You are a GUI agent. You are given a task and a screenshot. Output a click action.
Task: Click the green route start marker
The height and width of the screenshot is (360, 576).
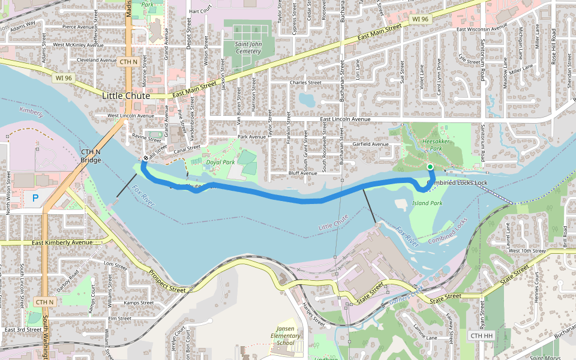(430, 167)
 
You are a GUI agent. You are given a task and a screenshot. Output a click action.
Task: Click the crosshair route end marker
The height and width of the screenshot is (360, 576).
(145, 158)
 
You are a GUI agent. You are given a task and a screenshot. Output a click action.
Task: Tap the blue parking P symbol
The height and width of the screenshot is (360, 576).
(35, 197)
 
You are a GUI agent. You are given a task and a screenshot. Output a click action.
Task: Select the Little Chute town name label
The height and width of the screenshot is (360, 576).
(126, 95)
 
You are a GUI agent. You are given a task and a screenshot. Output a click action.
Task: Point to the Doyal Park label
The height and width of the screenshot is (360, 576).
(220, 162)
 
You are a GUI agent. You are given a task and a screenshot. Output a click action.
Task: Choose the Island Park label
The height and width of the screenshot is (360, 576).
(427, 203)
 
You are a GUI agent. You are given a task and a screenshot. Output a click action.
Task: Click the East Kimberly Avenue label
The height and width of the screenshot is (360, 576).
(62, 242)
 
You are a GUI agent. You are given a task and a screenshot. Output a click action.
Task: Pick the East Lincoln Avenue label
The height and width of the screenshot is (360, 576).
(345, 119)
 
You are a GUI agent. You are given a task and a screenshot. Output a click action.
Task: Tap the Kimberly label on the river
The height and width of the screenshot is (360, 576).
(31, 112)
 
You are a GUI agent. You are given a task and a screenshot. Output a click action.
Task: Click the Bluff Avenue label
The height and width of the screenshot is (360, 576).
(302, 173)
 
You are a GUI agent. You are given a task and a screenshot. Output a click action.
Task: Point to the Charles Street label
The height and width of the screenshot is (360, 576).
(305, 83)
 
